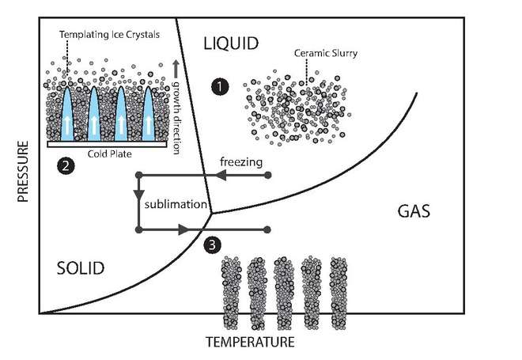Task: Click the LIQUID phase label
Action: (x=230, y=44)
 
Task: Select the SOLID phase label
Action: (x=81, y=268)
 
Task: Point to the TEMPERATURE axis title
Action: (x=249, y=343)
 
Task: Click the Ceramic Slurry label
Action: (x=323, y=55)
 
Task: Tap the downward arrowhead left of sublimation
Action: (x=138, y=195)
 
